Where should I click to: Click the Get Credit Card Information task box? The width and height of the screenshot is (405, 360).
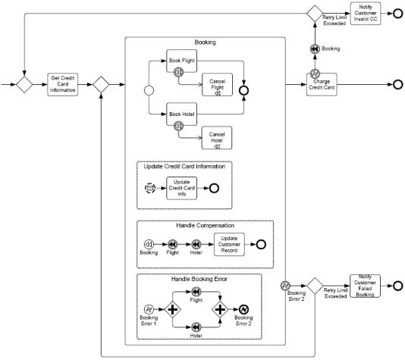click(62, 84)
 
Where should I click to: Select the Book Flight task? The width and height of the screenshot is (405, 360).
click(181, 61)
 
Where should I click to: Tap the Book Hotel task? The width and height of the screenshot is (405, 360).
click(181, 114)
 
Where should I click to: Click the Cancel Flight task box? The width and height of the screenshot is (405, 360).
click(217, 85)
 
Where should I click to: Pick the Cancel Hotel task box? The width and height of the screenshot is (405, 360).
click(217, 138)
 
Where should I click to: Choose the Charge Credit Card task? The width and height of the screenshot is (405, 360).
click(322, 84)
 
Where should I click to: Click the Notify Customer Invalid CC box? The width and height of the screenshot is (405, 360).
click(366, 14)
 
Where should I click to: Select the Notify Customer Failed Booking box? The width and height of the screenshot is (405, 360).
click(365, 286)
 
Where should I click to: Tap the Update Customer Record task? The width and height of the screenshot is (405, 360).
click(229, 244)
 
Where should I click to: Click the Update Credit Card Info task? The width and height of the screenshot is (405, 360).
click(181, 188)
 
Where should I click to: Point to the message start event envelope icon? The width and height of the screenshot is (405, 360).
click(150, 188)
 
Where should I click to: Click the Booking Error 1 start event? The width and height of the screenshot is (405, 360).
click(149, 309)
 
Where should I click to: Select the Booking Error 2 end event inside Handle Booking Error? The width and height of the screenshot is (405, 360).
click(243, 309)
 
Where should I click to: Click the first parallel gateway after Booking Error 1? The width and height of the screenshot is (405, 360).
click(172, 309)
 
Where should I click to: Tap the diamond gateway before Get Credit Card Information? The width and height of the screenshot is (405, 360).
click(24, 84)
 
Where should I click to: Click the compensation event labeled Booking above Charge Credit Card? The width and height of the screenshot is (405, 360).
click(315, 49)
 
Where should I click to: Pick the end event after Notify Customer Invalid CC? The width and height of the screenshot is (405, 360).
click(397, 14)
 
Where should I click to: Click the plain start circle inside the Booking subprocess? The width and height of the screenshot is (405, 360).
click(149, 90)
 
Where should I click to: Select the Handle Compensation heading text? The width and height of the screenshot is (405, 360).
click(205, 226)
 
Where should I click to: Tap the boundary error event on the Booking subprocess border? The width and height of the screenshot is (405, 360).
click(285, 286)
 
